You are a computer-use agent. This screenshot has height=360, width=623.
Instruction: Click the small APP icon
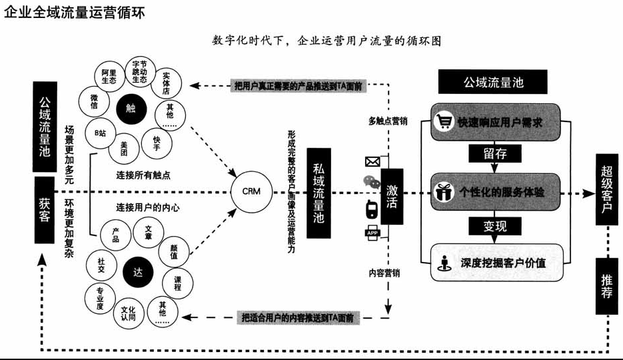click(372, 232)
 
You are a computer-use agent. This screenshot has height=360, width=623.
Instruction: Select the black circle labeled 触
click(131, 105)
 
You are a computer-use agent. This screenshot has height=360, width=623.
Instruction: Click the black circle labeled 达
click(138, 273)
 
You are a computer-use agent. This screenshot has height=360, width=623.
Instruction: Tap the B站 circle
click(100, 133)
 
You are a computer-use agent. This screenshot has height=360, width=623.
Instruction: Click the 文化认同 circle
click(128, 313)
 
